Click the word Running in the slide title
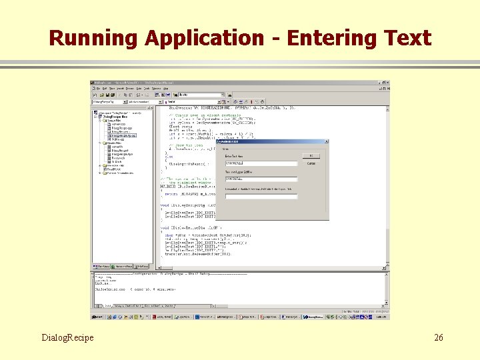(x=93, y=38)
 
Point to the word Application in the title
(x=204, y=38)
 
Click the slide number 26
(x=438, y=338)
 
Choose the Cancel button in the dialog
(x=311, y=163)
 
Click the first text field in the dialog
(x=261, y=163)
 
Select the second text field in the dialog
(x=261, y=179)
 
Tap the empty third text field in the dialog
(x=261, y=196)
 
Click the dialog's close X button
(x=326, y=142)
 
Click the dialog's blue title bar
(x=267, y=142)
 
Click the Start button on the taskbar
(x=98, y=317)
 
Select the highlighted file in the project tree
(x=124, y=135)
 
